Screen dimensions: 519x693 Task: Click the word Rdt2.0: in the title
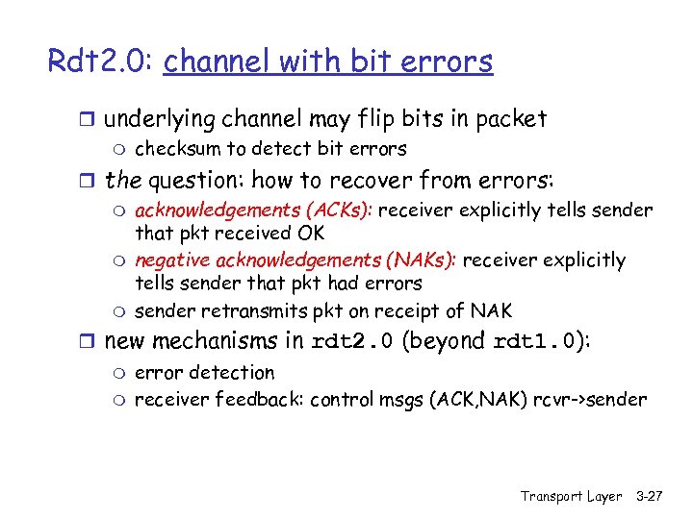102,61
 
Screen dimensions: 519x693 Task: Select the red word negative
173,260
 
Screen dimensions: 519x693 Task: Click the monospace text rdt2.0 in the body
352,342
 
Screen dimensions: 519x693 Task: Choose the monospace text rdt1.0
535,342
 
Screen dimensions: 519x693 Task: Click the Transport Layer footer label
572,496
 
